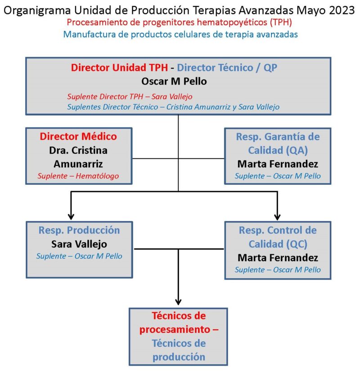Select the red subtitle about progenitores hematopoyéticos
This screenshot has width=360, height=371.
(179, 22)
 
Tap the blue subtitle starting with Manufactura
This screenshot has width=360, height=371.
(180, 35)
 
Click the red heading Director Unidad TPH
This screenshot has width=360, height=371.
(119, 67)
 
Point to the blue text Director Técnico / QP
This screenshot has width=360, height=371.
(227, 67)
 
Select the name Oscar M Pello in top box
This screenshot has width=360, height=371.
(174, 81)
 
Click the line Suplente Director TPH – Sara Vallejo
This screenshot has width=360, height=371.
(130, 97)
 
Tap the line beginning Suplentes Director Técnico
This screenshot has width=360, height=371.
(173, 107)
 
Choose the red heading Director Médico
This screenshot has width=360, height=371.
(78, 137)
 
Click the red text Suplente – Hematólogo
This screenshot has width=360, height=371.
(78, 176)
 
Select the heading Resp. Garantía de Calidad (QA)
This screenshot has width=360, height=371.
(278, 143)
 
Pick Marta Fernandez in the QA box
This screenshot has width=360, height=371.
(278, 164)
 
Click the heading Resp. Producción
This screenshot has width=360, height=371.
(79, 230)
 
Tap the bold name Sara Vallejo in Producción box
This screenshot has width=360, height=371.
(79, 244)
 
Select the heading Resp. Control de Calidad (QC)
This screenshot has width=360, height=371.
(278, 237)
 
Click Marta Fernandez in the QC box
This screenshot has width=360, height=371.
(278, 258)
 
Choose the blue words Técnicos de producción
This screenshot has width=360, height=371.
(179, 350)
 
